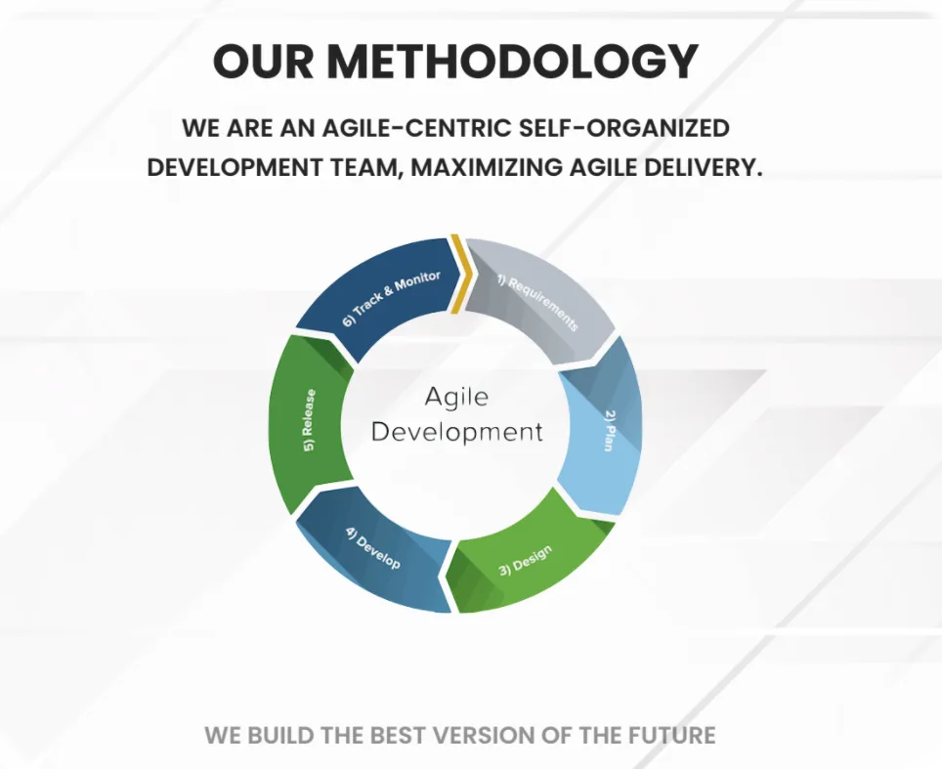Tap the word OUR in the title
click(x=263, y=62)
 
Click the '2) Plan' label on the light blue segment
click(x=609, y=430)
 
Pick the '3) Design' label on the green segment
click(x=526, y=561)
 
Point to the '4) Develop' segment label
click(x=373, y=548)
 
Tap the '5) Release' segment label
click(x=309, y=420)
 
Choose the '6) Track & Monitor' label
click(x=391, y=298)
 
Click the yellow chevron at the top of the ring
click(x=461, y=274)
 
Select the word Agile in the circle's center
click(x=456, y=397)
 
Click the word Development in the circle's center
click(x=456, y=432)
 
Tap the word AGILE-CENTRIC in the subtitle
click(x=417, y=128)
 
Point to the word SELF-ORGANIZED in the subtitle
click(x=624, y=128)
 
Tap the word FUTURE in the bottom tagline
click(x=671, y=736)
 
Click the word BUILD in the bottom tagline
click(x=279, y=736)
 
